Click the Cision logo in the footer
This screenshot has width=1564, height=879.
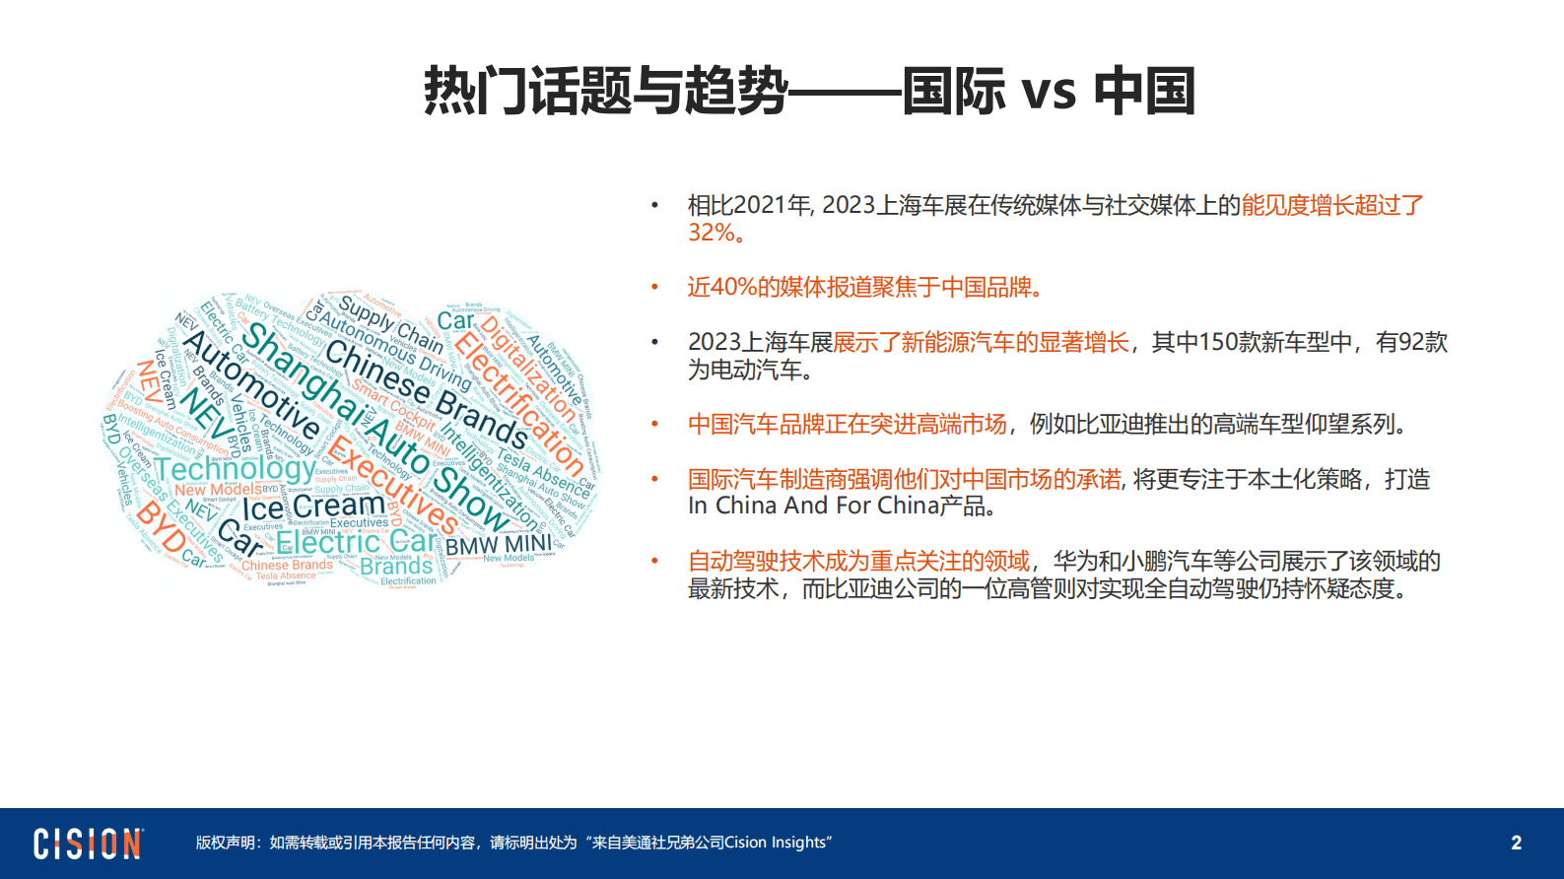(89, 844)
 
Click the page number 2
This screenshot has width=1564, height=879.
(1516, 843)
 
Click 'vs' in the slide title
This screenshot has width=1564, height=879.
(1049, 92)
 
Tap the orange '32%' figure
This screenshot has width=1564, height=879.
(711, 233)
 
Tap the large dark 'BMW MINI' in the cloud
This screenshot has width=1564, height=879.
(498, 545)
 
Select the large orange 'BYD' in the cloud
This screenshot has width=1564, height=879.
(160, 526)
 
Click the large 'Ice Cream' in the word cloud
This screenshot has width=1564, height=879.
(313, 507)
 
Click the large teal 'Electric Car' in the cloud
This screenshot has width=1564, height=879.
(355, 542)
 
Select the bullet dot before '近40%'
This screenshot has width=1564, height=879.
(653, 287)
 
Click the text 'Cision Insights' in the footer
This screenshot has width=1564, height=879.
(776, 843)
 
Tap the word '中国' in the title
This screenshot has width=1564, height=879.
(1144, 92)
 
